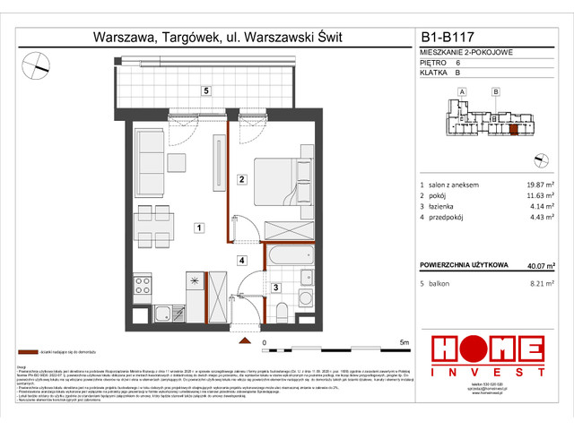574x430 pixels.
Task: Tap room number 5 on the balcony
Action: point(205,90)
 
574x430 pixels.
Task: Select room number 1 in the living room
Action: point(197,228)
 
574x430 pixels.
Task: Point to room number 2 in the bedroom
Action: point(241,179)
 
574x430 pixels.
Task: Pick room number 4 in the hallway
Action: point(241,261)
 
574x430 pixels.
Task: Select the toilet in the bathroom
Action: point(281,310)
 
